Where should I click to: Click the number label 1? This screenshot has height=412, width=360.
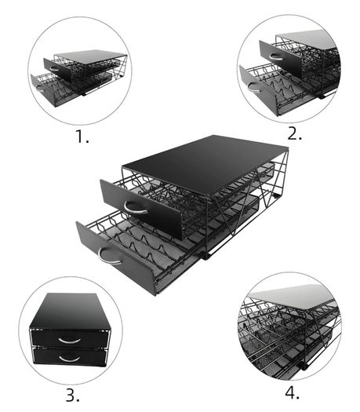(82, 137)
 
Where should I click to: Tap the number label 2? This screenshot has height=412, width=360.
(295, 133)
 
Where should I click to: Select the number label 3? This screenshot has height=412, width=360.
(72, 396)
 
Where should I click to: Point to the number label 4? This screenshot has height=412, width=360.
(293, 393)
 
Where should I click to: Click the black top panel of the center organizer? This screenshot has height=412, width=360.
(205, 162)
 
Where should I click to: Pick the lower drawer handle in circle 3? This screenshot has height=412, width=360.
(69, 359)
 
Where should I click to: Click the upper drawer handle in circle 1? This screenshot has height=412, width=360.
(54, 69)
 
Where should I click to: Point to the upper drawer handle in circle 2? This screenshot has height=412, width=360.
(276, 57)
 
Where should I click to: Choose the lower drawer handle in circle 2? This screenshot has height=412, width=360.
(254, 89)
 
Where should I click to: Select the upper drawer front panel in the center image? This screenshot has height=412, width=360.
(142, 209)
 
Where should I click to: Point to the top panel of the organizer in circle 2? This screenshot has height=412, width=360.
(307, 40)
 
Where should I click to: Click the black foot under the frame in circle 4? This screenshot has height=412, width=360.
(304, 366)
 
